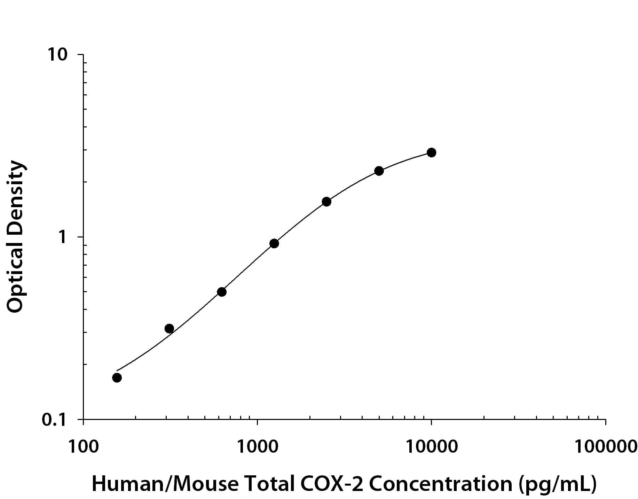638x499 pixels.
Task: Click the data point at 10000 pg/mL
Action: point(431,153)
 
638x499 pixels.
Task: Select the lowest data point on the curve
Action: point(117,377)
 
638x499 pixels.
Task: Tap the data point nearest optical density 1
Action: point(274,243)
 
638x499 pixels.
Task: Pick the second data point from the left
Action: point(169,328)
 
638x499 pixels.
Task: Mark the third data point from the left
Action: point(222,292)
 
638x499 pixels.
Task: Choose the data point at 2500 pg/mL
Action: point(326,202)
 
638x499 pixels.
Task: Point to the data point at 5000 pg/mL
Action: point(379,171)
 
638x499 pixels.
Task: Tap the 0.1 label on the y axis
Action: point(54,420)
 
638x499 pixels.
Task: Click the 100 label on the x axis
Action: point(84,447)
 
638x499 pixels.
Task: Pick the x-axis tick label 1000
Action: point(257,447)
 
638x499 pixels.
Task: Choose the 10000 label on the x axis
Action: point(432,447)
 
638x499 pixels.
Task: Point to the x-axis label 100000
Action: point(606,447)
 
